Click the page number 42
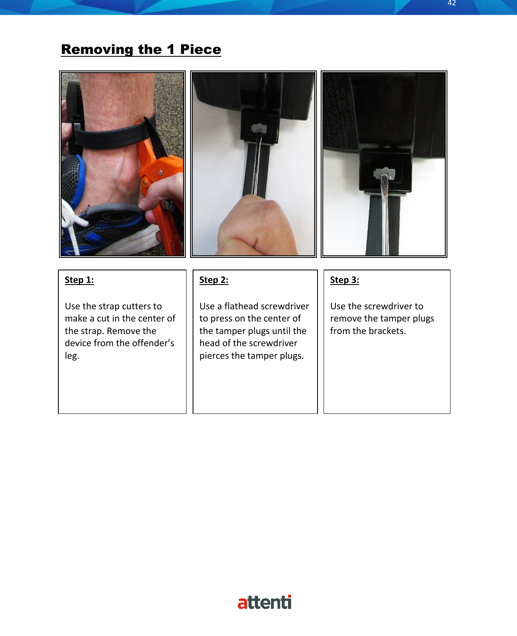coord(452,3)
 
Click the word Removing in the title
coord(97,49)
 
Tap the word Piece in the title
coord(201,49)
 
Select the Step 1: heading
coord(79,280)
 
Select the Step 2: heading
coord(214,280)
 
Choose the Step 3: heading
coord(344,280)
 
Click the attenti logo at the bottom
coord(264,602)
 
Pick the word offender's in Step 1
coord(153,343)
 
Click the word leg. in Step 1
coord(72,355)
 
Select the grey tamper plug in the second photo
coord(258,129)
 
